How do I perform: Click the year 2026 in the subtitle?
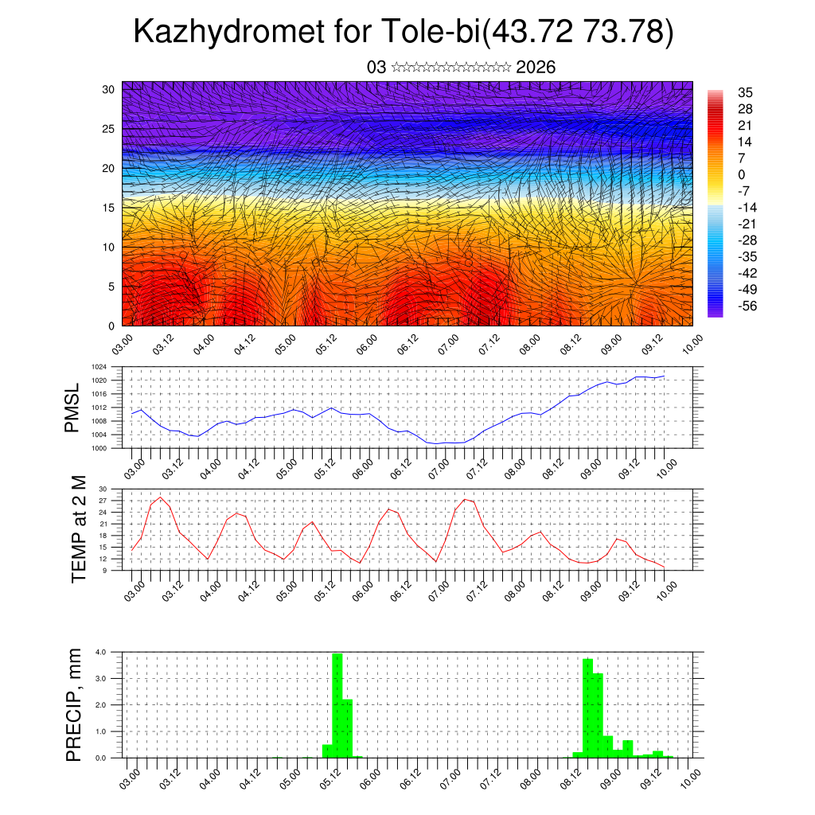[536, 68]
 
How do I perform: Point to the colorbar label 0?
[741, 174]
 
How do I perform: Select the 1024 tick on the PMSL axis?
[98, 367]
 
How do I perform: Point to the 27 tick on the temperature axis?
[103, 501]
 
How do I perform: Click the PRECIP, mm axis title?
[74, 704]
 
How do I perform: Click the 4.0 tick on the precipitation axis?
[101, 652]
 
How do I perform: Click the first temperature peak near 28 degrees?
[161, 497]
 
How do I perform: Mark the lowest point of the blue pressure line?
[437, 443]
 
